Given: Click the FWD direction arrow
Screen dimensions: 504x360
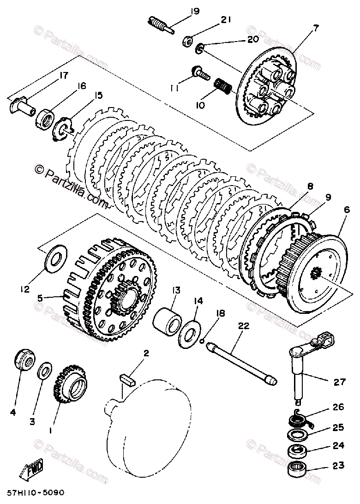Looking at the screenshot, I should pyautogui.click(x=32, y=471).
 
